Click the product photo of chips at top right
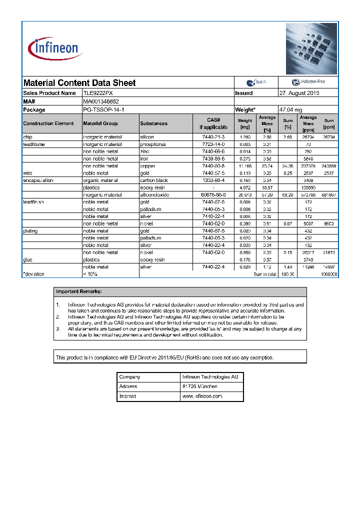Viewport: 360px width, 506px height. point(311,48)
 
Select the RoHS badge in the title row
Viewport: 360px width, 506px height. point(256,82)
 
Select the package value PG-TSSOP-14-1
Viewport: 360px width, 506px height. point(103,109)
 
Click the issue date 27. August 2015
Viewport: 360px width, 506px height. point(299,93)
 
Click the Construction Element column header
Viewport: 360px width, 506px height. point(48,123)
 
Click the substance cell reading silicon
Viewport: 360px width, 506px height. point(147,137)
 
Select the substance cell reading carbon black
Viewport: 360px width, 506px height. point(153,180)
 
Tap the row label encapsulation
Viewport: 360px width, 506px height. point(38,180)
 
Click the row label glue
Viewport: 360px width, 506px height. point(27,260)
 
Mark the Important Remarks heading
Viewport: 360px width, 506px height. point(79,291)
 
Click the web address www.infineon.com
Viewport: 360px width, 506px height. point(202,396)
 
